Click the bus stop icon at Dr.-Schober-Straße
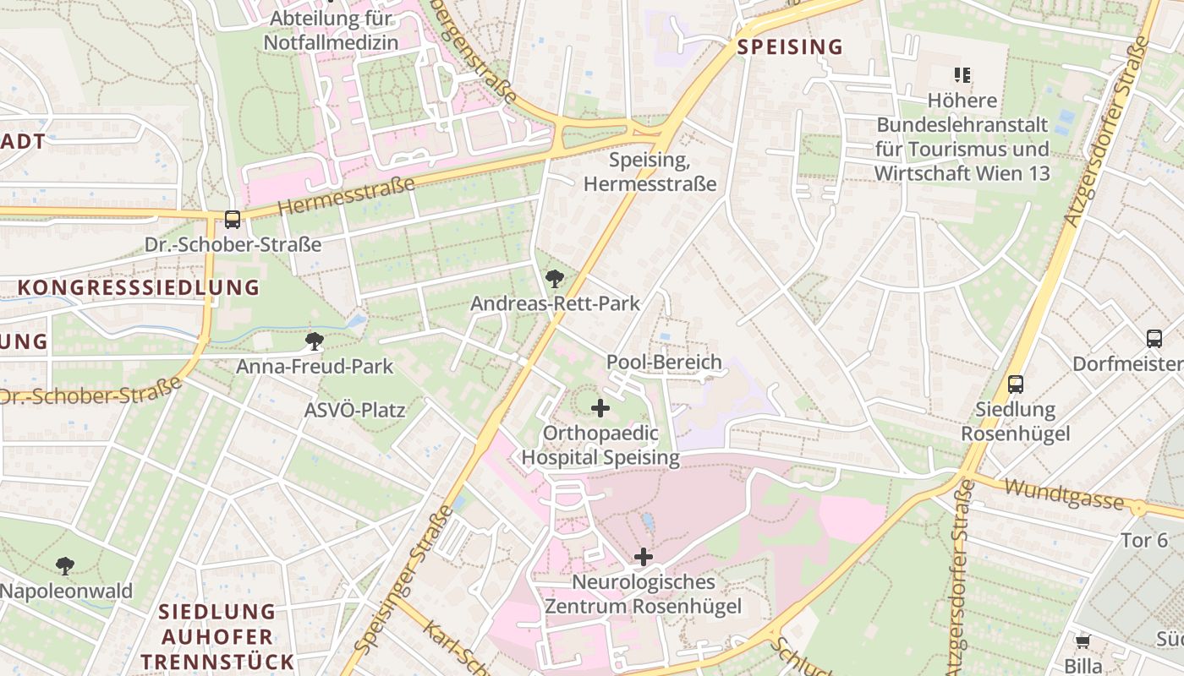(x=233, y=220)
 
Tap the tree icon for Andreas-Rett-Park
(x=555, y=278)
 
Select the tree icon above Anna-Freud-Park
(x=315, y=341)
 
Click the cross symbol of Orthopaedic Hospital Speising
(x=600, y=409)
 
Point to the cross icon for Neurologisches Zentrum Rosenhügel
(x=644, y=557)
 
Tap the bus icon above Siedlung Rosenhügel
(x=1016, y=384)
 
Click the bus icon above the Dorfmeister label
(x=1154, y=339)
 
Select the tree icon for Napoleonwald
(x=65, y=566)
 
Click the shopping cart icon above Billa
(x=1083, y=641)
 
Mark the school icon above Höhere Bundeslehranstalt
(x=962, y=75)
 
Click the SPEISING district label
(x=790, y=47)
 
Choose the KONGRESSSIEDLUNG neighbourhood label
(x=139, y=287)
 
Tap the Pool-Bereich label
(x=664, y=363)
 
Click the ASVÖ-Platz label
(x=354, y=412)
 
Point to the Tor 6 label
(x=1143, y=540)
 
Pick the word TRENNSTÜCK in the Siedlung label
(x=217, y=662)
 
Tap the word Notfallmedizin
(x=330, y=41)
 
